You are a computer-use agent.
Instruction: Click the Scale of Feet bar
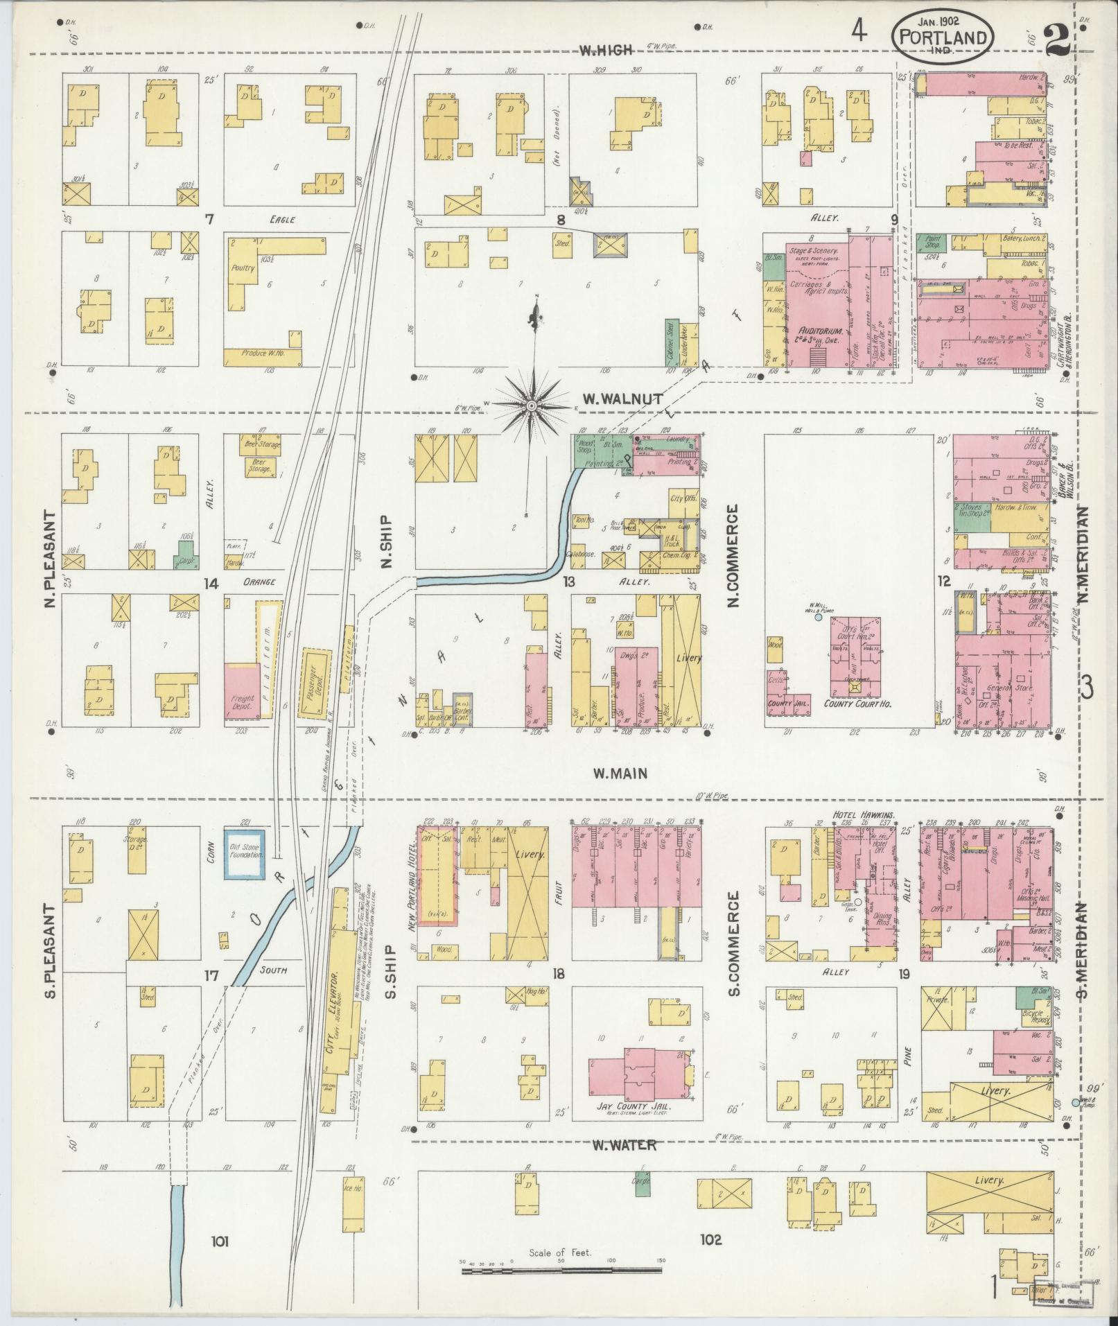[x=561, y=1271]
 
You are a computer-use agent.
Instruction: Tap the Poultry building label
[x=244, y=268]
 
